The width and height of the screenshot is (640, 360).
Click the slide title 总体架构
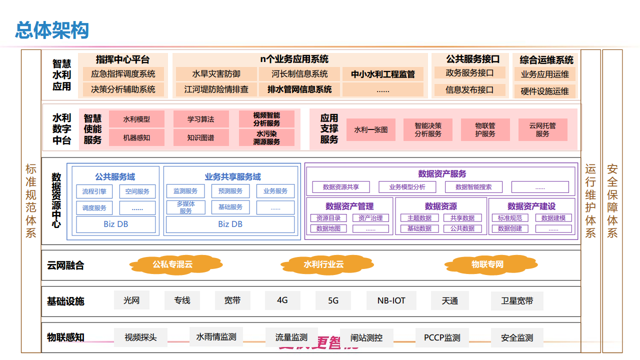52,30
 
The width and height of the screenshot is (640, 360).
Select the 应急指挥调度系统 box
123,74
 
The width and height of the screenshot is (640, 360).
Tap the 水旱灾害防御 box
216,74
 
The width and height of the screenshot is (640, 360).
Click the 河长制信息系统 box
299,74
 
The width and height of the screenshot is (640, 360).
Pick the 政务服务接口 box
469,73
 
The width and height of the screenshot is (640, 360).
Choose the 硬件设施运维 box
545,91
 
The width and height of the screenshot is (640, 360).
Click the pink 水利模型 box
136,119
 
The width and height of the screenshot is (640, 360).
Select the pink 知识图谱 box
200,138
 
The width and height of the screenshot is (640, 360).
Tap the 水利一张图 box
371,129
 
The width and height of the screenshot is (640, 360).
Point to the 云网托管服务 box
542,129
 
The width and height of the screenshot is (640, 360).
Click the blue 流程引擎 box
94,191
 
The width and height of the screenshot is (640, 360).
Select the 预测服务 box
230,191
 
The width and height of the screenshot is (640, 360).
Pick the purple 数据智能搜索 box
473,187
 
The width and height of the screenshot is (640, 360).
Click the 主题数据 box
419,218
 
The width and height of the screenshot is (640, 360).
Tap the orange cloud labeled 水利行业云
323,264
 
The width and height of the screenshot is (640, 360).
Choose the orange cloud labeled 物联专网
487,264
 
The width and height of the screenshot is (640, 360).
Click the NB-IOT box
391,300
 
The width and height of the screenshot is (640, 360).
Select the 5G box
333,300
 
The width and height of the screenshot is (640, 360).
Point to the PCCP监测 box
442,337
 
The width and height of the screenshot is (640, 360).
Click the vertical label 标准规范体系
31,200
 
